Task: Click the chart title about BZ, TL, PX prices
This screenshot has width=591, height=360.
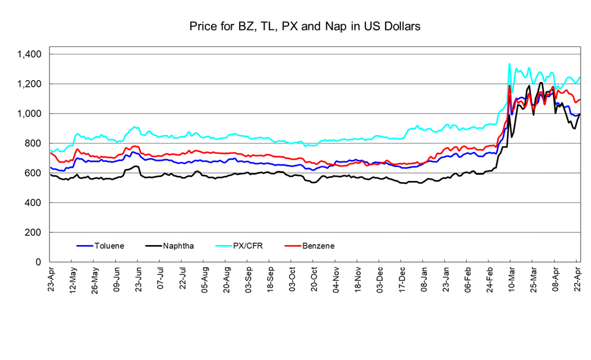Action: pyautogui.click(x=296, y=27)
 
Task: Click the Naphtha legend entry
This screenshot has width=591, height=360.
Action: pyautogui.click(x=179, y=246)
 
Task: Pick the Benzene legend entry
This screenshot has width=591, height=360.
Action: pyautogui.click(x=318, y=246)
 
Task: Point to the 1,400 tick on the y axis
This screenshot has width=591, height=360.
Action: pyautogui.click(x=29, y=54)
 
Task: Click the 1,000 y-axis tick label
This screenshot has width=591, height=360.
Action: pyautogui.click(x=29, y=114)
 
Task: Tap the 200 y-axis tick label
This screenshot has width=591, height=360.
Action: pyautogui.click(x=33, y=232)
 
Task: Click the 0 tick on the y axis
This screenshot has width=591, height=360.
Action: pyautogui.click(x=39, y=262)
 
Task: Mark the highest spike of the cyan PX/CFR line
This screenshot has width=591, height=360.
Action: pyautogui.click(x=510, y=64)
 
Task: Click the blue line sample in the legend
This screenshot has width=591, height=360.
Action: pyautogui.click(x=84, y=246)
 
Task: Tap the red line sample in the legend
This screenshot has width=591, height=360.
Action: pyautogui.click(x=293, y=246)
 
